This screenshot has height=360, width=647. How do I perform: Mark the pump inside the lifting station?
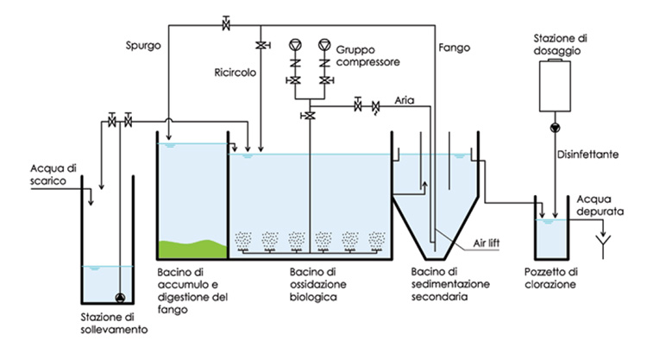coord(119,298)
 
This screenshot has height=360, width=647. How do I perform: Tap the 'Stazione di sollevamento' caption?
coord(108,322)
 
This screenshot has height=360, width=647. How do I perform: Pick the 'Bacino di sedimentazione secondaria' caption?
coord(443,284)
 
